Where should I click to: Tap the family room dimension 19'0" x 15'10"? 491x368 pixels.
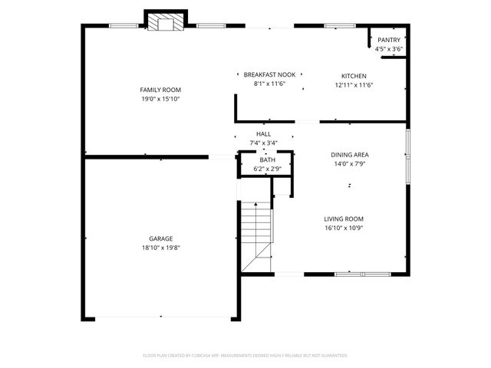(160, 99)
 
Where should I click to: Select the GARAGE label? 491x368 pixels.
(160, 238)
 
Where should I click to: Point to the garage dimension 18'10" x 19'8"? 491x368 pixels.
(160, 248)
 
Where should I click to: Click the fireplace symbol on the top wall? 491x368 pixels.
(165, 23)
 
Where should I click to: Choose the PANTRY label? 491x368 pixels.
(389, 40)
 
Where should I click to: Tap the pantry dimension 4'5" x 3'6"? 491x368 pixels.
(389, 49)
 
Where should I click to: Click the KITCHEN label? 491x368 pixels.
(354, 76)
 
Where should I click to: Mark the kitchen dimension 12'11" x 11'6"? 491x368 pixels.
(354, 85)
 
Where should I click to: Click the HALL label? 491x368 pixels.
(263, 133)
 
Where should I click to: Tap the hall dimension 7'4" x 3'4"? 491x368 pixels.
(263, 143)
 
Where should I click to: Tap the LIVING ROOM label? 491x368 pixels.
(343, 219)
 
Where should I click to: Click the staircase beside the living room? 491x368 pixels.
(257, 234)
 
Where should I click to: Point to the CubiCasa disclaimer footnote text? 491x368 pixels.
(245, 356)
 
